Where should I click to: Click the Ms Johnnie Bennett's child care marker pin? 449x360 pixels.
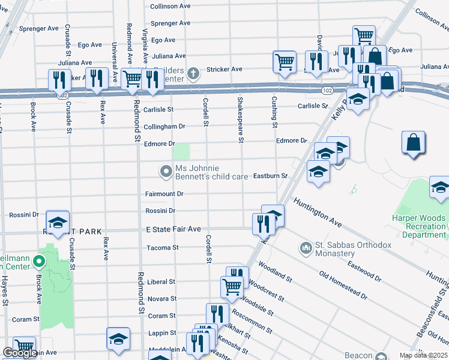coord(166,172)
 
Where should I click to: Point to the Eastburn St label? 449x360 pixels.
coord(270,176)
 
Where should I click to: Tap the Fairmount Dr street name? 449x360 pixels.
coord(164,194)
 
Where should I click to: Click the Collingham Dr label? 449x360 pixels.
coord(164,127)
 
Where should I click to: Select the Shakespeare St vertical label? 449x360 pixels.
coord(241,120)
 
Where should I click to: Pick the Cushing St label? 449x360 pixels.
coord(274,113)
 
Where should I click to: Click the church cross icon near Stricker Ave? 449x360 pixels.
coord(192,74)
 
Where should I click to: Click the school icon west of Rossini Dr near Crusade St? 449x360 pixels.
coord(58,223)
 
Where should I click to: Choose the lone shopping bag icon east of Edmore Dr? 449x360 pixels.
coord(414,143)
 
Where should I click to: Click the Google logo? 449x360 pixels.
coord(20,353)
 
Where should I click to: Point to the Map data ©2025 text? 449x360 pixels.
coord(423,355)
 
